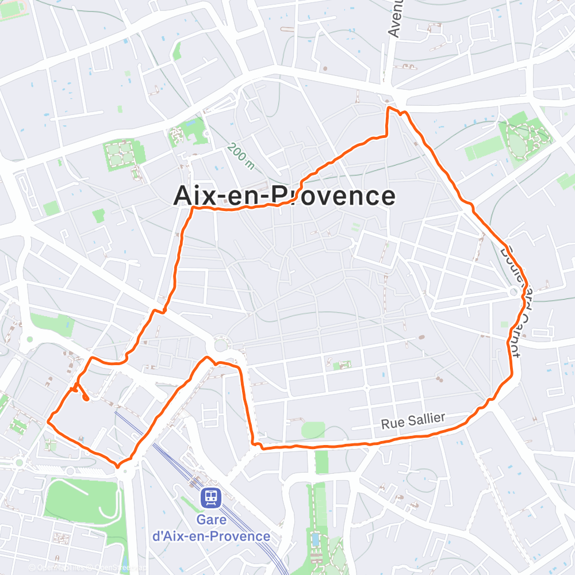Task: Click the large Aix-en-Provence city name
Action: (x=285, y=196)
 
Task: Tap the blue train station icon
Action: (x=211, y=497)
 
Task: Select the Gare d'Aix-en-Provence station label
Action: (x=211, y=528)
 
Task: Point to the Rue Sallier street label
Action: (x=413, y=421)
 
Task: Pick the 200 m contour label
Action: (x=240, y=156)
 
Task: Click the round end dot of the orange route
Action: (x=86, y=397)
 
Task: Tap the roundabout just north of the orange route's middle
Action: (x=221, y=346)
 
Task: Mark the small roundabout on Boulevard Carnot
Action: (x=513, y=293)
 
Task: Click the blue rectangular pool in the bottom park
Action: (x=316, y=539)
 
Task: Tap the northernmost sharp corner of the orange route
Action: (x=389, y=108)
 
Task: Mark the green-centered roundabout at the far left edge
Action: (x=29, y=339)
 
